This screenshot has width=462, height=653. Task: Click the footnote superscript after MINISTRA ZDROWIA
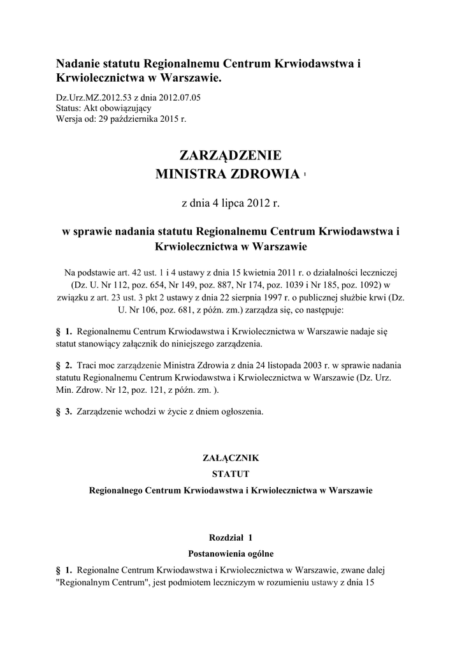click(305, 174)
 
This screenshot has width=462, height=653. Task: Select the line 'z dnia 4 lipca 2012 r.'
click(231, 204)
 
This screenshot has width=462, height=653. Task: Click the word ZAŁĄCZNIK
click(231, 458)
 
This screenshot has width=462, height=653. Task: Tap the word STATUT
click(231, 474)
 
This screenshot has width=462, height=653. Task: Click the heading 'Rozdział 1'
click(231, 538)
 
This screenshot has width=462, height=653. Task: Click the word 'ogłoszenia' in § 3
click(242, 412)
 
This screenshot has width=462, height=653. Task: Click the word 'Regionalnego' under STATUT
click(115, 491)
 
